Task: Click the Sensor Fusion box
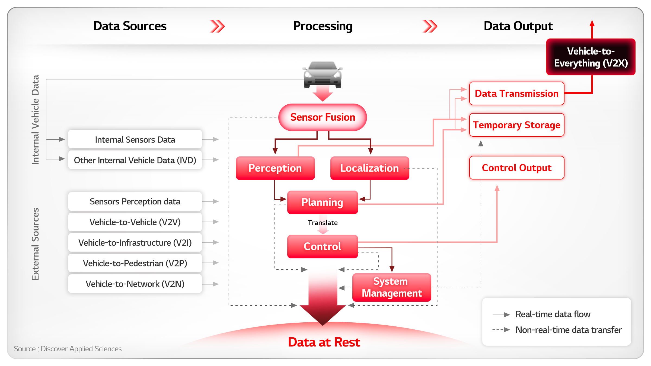coord(323,117)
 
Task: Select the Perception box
coord(275,168)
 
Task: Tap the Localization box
coord(370,168)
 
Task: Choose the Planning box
coord(323,202)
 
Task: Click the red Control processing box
coord(323,246)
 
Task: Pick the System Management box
coord(392,287)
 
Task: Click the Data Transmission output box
coord(517,94)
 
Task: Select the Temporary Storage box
coord(517,125)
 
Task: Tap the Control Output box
coord(517,168)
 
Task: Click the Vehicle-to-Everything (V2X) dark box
coord(591,57)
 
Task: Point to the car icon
coord(323,75)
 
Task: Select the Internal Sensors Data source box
coord(135,139)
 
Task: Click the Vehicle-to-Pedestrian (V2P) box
coord(135,263)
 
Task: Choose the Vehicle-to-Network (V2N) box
coord(135,284)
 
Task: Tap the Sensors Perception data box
coord(135,201)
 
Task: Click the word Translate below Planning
coord(323,223)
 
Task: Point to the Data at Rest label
coord(324,342)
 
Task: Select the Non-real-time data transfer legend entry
coord(557,330)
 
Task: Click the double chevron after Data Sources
coord(217,26)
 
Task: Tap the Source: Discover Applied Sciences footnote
coord(68,349)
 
